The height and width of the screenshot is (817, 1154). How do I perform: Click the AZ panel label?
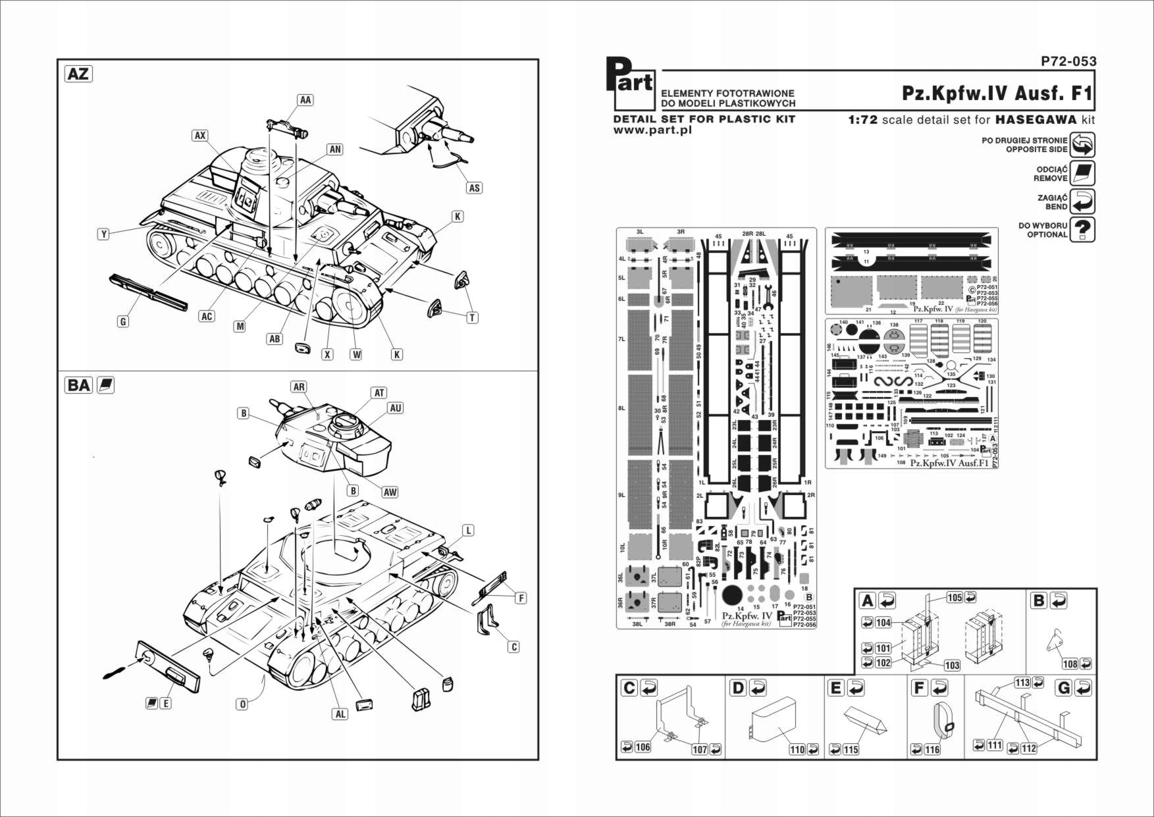click(78, 73)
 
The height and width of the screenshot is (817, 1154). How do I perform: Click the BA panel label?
click(78, 384)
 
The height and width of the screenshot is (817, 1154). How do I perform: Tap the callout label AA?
click(305, 100)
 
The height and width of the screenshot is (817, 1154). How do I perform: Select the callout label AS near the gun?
click(474, 188)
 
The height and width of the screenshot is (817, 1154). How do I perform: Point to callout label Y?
click(103, 234)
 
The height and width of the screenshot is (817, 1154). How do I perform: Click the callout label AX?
click(200, 136)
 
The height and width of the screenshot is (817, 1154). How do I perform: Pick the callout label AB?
click(275, 338)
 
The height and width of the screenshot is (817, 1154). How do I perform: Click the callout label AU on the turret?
click(395, 408)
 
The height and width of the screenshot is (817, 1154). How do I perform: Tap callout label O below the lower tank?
click(242, 704)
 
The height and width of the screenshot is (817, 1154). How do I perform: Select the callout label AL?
click(340, 714)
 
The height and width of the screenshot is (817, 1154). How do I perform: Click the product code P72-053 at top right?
click(1068, 61)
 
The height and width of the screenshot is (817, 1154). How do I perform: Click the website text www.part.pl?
click(652, 130)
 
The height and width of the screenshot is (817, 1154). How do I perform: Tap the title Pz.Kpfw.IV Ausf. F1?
click(997, 93)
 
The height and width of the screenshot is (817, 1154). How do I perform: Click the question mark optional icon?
click(1082, 230)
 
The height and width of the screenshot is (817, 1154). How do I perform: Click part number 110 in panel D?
click(797, 749)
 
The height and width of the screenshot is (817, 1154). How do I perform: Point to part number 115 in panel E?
click(851, 749)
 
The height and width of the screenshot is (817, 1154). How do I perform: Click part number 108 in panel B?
click(1070, 664)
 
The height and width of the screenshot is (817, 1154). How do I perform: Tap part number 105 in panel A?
click(955, 597)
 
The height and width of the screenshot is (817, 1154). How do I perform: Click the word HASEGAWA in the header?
click(1036, 120)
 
